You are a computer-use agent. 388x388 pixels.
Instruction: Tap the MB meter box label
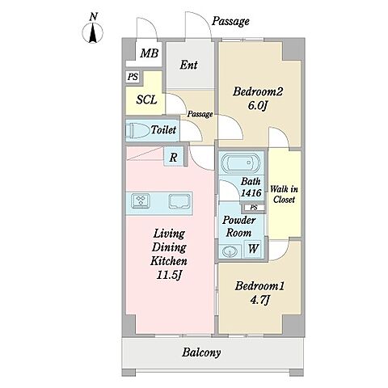pyautogui.click(x=149, y=53)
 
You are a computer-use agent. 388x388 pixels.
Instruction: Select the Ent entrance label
pyautogui.click(x=188, y=65)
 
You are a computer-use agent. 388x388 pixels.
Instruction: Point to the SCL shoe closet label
pyautogui.click(x=146, y=99)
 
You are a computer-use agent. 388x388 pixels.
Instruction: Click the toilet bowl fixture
pyautogui.click(x=137, y=131)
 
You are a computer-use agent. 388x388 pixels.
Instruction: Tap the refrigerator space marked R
pyautogui.click(x=173, y=158)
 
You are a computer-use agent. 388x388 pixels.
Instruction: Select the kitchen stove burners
pyautogui.click(x=141, y=201)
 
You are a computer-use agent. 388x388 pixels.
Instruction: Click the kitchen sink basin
pyautogui.click(x=179, y=201)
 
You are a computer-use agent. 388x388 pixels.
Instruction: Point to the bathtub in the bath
pyautogui.click(x=241, y=163)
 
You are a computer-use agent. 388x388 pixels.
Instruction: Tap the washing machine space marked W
pyautogui.click(x=253, y=248)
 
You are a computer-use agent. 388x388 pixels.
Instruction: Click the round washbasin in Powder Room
pyautogui.click(x=230, y=251)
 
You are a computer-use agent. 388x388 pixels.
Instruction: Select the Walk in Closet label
pyautogui.click(x=284, y=194)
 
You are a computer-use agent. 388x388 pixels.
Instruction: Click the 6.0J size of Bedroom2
pyautogui.click(x=257, y=106)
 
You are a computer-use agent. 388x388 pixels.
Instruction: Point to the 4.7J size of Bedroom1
pyautogui.click(x=259, y=300)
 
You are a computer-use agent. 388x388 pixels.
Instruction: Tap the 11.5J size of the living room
pyautogui.click(x=169, y=275)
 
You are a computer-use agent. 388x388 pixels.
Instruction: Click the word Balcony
pyautogui.click(x=201, y=352)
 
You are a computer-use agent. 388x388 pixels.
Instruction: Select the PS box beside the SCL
pyautogui.click(x=133, y=77)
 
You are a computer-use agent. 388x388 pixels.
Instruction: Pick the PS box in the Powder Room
pyautogui.click(x=254, y=208)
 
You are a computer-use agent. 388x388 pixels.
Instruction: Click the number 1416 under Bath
pyautogui.click(x=251, y=192)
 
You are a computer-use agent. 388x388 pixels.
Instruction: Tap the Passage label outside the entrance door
pyautogui.click(x=230, y=21)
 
